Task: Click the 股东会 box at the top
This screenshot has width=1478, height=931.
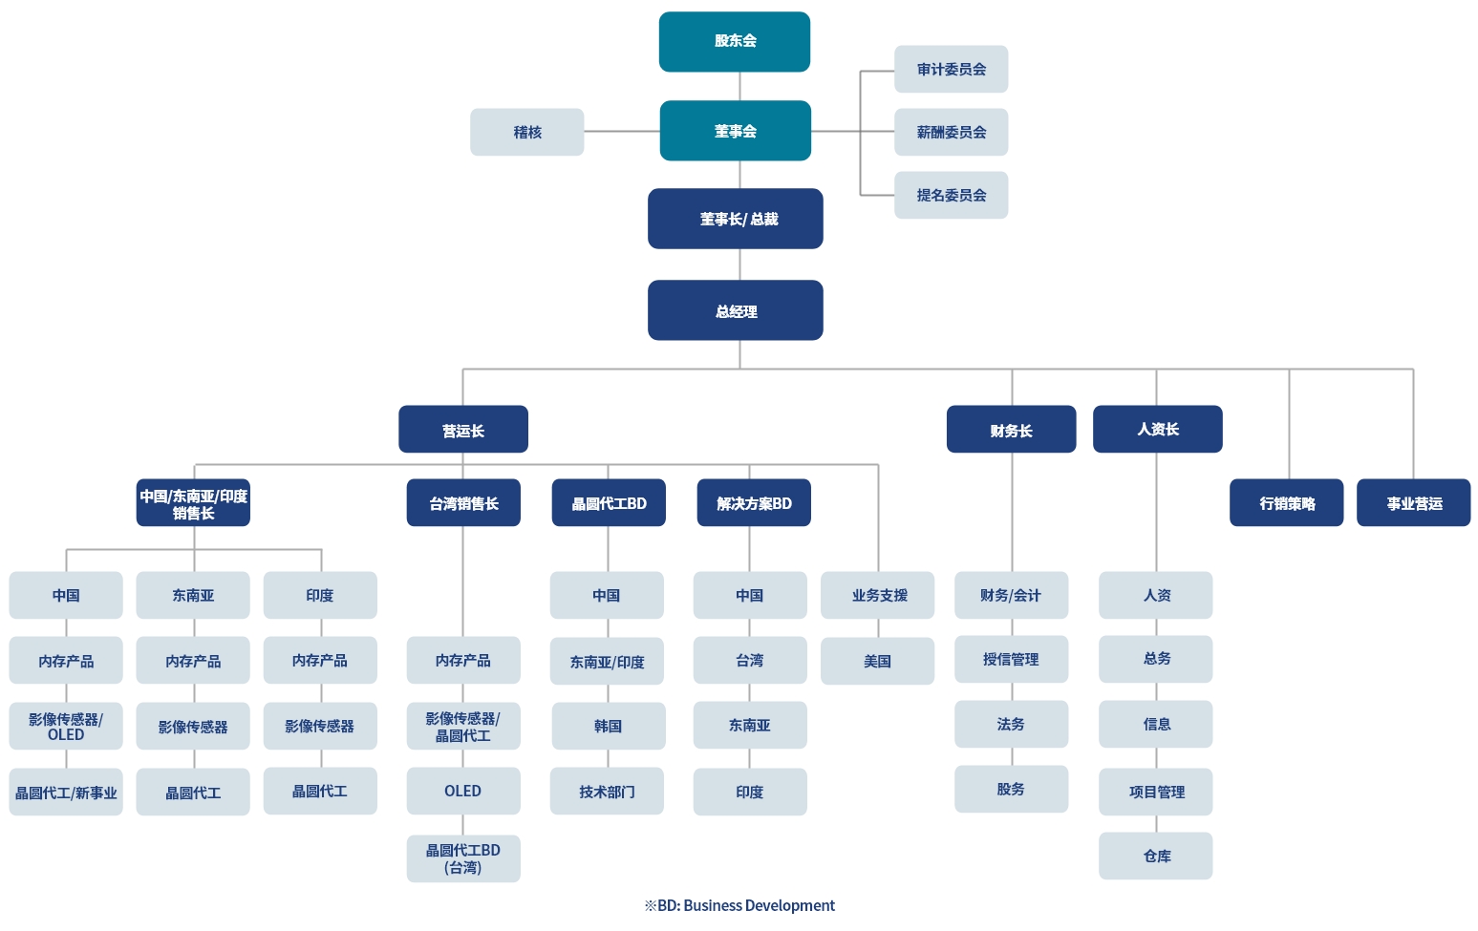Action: pos(735,42)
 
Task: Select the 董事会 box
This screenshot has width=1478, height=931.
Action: pos(735,131)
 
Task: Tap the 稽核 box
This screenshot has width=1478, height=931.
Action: pos(526,132)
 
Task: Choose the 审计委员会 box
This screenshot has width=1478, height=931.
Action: pos(951,70)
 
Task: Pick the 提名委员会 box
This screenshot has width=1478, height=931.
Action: pos(951,195)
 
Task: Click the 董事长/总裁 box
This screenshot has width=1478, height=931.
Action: pos(735,219)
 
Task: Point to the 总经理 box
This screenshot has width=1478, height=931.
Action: pos(735,310)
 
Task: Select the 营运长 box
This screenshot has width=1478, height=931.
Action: pos(463,430)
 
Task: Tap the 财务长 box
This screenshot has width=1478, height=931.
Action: pos(1011,430)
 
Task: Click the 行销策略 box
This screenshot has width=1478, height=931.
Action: pos(1287,502)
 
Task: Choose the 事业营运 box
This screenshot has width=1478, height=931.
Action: pos(1413,502)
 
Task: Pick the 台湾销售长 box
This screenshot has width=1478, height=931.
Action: pos(463,502)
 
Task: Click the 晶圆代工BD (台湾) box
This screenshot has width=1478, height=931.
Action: pos(463,858)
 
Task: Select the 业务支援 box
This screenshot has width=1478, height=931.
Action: pos(878,596)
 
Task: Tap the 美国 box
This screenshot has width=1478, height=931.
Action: pos(878,661)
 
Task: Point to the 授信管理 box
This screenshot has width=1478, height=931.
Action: pos(1011,660)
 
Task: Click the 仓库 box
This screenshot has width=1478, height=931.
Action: pos(1155,856)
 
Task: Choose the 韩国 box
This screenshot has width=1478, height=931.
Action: pos(609,726)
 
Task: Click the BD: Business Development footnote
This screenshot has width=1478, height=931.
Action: pos(739,905)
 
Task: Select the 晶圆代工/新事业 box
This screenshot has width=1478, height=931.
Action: pos(66,792)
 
